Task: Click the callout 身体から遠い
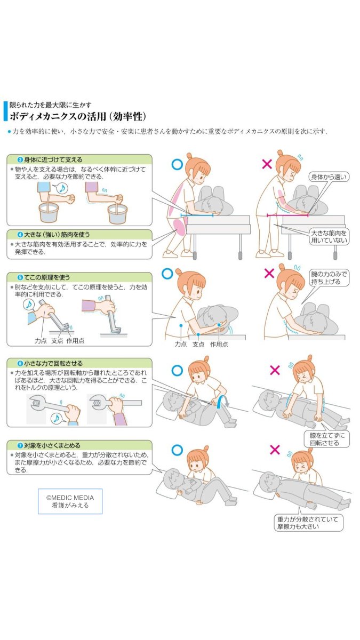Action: [x=330, y=177]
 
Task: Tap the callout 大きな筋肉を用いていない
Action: [x=329, y=237]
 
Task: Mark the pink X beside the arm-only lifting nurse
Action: [x=269, y=274]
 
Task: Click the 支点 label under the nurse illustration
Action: [x=198, y=345]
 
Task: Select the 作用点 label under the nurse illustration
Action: [x=219, y=345]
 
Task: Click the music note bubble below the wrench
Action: [x=56, y=419]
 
